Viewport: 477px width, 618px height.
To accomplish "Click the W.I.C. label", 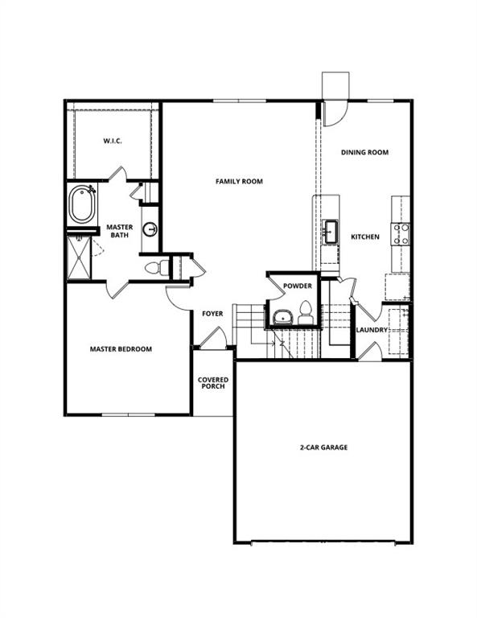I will [111, 142].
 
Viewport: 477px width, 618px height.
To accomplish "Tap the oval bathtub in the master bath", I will [81, 206].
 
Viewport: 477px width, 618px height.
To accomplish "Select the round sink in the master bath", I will [150, 230].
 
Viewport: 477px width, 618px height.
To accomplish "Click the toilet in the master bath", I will [156, 267].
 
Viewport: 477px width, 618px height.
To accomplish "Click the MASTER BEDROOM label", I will [121, 349].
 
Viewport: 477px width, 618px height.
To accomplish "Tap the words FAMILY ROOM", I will [239, 182].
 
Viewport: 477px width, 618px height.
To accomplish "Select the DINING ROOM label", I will [364, 152].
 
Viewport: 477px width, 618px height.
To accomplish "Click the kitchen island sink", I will [330, 231].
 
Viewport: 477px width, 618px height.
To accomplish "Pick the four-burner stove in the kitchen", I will [400, 233].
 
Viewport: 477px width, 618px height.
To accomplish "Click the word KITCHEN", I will [364, 237].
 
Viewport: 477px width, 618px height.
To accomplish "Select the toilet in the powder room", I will [306, 312].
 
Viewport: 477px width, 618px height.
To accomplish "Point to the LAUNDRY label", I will [372, 330].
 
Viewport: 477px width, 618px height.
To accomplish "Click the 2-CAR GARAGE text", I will [322, 447].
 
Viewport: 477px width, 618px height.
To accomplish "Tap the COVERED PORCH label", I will [212, 383].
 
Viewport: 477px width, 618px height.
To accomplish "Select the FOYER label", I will [212, 314].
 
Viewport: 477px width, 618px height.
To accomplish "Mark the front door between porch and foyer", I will [211, 341].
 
